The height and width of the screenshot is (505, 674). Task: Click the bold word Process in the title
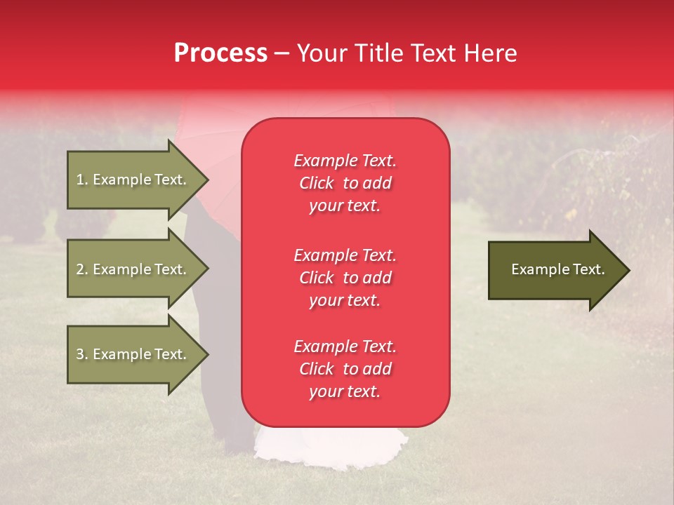pyautogui.click(x=220, y=53)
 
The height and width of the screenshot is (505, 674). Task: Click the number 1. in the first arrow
pyautogui.click(x=82, y=180)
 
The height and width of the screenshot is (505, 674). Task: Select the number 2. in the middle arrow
pyautogui.click(x=82, y=269)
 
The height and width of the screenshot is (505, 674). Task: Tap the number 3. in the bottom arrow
pyautogui.click(x=82, y=354)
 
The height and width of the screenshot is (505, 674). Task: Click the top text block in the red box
pyautogui.click(x=345, y=183)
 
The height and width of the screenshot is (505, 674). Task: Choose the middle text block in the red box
pyautogui.click(x=345, y=278)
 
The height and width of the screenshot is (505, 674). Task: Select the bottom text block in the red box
pyautogui.click(x=345, y=369)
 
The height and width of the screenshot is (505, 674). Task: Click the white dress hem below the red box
pyautogui.click(x=330, y=442)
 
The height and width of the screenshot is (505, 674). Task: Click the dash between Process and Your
pyautogui.click(x=282, y=54)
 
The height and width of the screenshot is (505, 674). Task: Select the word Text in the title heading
pyautogui.click(x=435, y=53)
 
